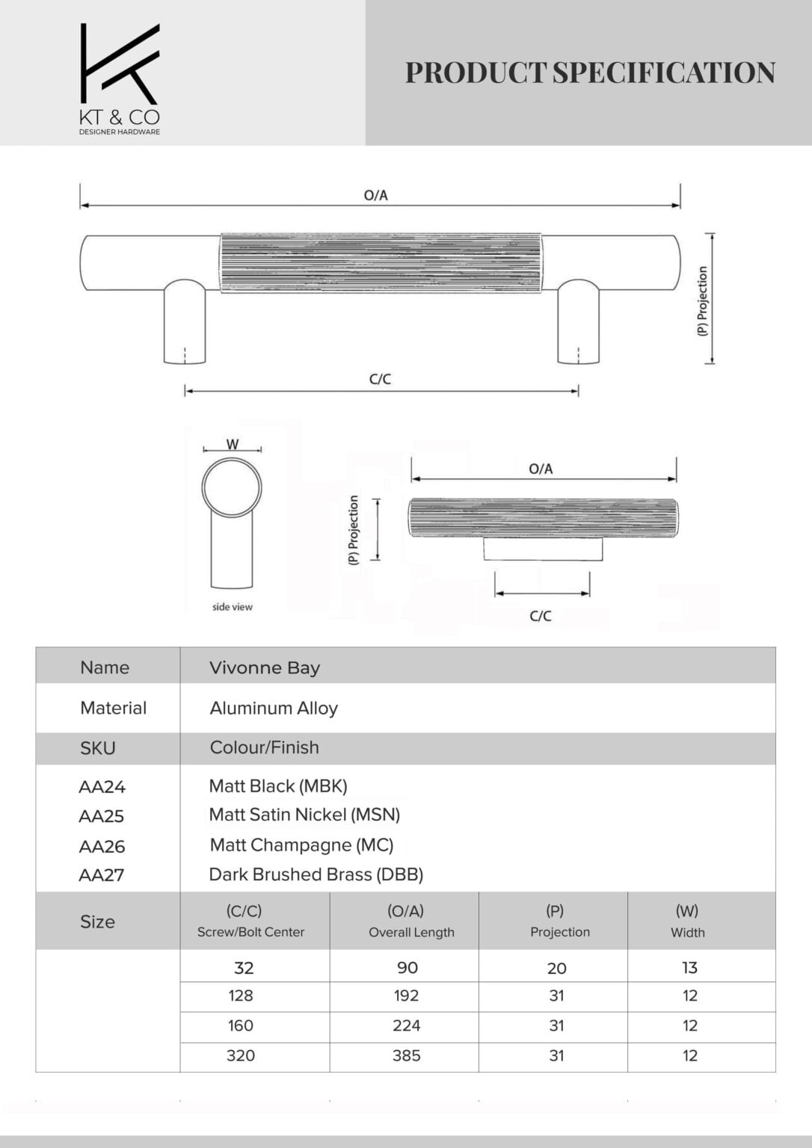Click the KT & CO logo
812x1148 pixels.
120,78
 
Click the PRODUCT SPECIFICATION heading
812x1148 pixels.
590,72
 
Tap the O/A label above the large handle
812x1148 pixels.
375,195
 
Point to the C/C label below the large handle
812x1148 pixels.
380,379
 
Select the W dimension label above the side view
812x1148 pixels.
233,444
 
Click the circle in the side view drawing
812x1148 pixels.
232,487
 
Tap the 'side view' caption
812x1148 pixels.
232,607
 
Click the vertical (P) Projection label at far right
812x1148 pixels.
702,300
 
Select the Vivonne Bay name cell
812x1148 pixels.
265,667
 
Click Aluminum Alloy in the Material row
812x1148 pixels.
274,708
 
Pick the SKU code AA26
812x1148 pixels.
102,846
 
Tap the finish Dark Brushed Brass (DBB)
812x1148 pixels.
316,874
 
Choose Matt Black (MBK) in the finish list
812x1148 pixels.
278,786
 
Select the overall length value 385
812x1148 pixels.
406,1055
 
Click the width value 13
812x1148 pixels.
689,967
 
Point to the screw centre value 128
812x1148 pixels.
241,996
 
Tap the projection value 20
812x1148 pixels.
556,968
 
